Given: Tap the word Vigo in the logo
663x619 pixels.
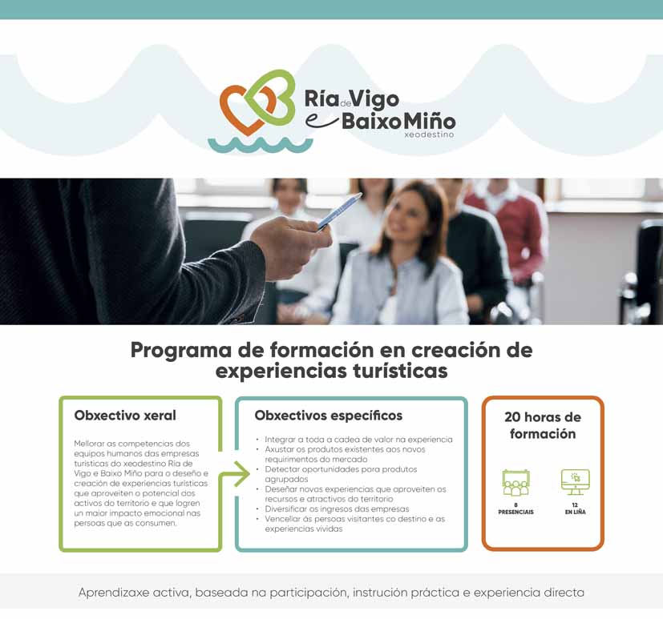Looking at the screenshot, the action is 375,99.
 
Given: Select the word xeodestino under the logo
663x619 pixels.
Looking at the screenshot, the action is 429,135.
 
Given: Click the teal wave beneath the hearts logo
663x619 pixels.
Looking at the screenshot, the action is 260,145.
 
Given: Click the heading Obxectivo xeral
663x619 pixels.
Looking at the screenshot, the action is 125,416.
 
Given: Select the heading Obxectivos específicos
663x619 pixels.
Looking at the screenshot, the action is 328,416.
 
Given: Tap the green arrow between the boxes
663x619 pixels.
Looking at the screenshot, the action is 235,474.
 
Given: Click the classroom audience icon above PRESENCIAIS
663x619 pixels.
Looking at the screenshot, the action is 515,483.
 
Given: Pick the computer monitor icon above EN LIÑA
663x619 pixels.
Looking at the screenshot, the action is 575,482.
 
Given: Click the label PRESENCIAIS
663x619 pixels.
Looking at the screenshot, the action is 515,512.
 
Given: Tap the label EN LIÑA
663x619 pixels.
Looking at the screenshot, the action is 575,512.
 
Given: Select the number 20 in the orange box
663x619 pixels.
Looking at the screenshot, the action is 512,417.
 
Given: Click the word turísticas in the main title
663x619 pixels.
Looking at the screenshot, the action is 399,372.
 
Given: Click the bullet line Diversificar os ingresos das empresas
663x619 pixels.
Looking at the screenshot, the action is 337,508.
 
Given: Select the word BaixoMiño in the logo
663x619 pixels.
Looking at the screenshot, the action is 398,122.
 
